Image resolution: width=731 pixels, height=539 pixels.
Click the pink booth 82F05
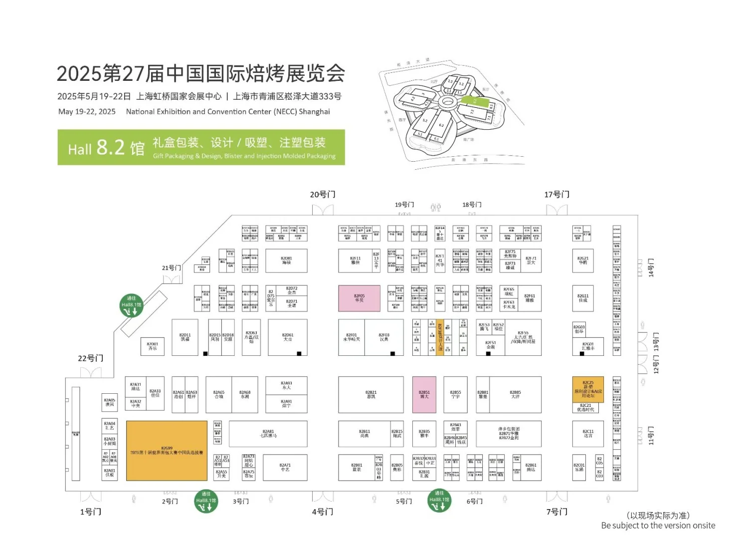359,298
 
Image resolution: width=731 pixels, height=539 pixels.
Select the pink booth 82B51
424,394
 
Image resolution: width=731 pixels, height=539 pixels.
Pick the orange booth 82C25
588,389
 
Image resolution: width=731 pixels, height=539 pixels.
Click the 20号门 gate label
323,195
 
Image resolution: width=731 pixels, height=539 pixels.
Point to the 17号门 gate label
556,195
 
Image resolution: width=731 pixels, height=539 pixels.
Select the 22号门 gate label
90,358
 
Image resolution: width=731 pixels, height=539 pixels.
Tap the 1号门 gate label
90,512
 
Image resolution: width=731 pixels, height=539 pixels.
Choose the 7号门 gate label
556,512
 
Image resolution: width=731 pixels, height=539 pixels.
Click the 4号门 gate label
323,512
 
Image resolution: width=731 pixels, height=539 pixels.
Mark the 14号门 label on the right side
651,268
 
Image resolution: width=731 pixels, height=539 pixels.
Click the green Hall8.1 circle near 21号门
132,305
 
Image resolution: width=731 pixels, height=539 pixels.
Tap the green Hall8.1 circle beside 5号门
439,501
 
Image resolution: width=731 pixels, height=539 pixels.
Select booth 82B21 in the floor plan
370,394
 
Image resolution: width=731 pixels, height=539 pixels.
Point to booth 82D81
286,261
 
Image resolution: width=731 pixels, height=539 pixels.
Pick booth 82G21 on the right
583,261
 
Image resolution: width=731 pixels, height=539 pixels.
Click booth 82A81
268,434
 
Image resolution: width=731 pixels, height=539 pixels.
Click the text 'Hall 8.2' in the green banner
106,148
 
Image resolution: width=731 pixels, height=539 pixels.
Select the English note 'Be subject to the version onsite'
658,526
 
